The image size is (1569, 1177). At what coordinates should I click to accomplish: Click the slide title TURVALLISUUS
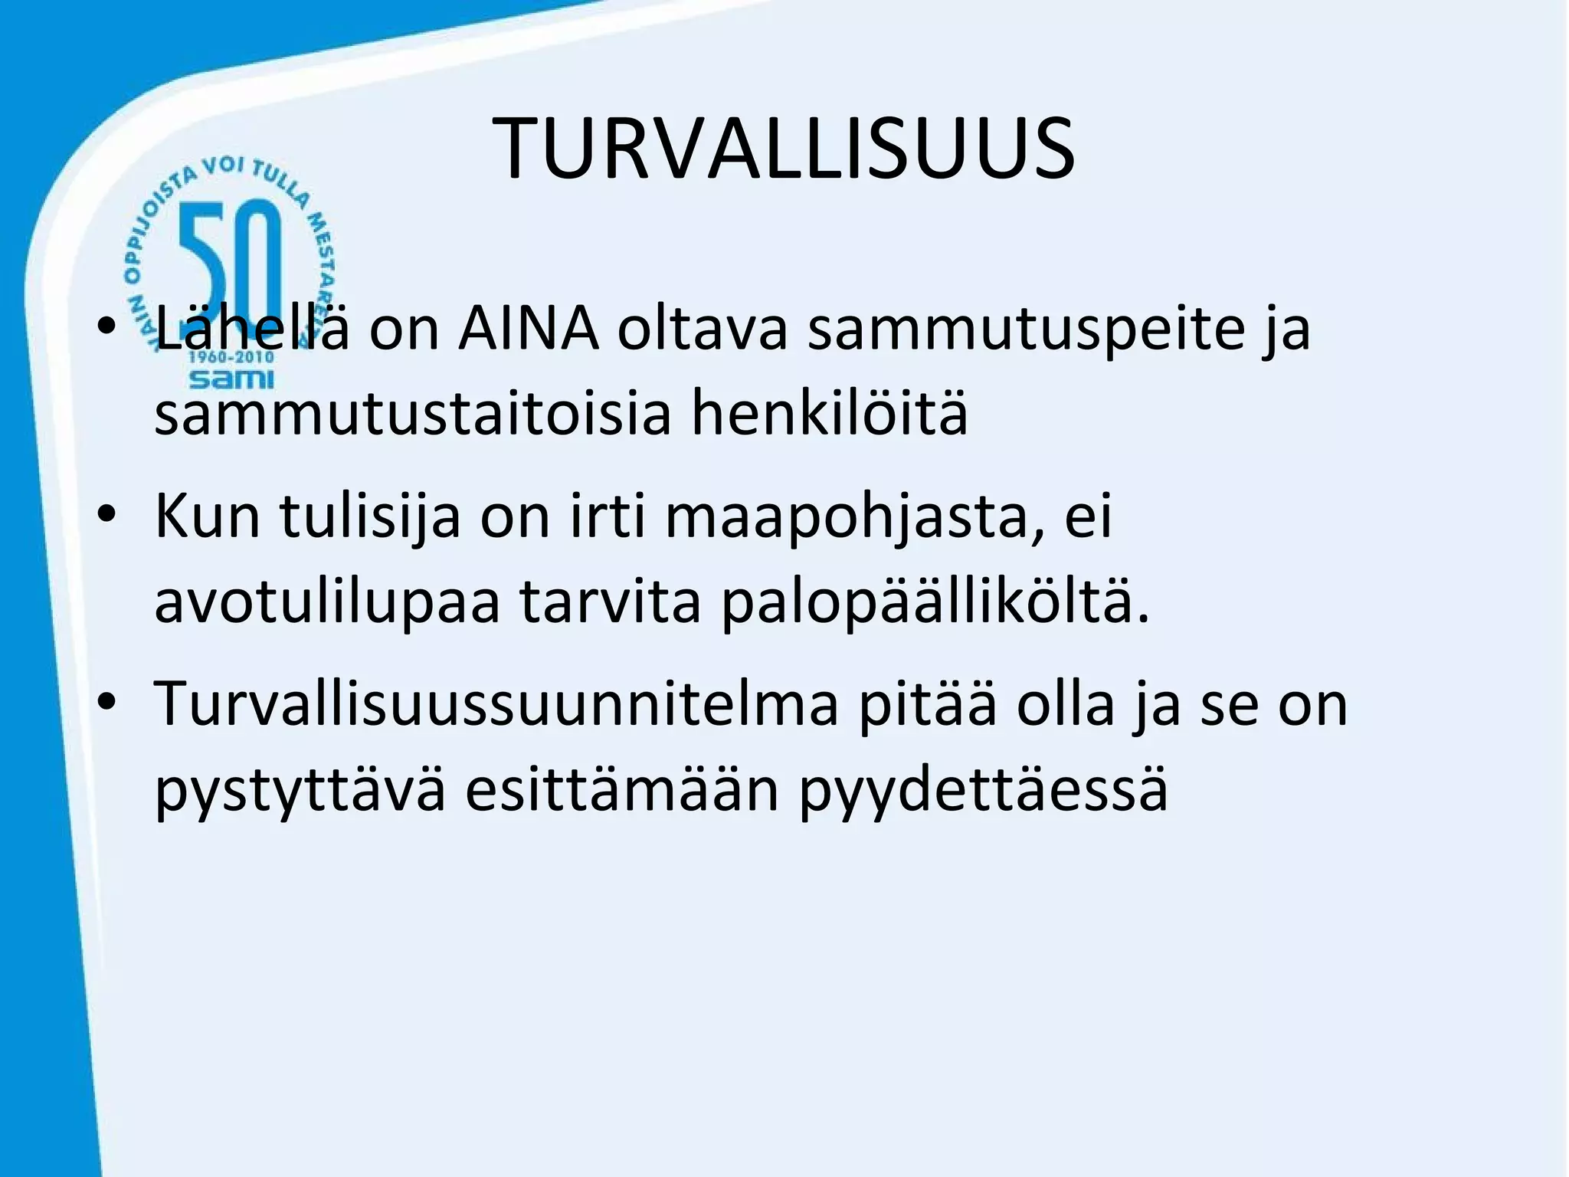(784, 149)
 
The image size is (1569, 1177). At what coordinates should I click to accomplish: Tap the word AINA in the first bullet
(529, 329)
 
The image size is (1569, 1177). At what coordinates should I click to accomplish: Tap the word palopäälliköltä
(935, 603)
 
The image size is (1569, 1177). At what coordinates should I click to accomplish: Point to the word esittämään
(622, 789)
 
